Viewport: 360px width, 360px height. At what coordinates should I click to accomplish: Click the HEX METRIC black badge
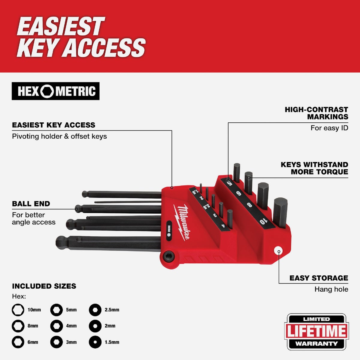(x=55, y=91)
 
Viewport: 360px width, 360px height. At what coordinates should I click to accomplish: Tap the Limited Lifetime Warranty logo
(x=316, y=331)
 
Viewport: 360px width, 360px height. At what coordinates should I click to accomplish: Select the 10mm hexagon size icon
(x=18, y=310)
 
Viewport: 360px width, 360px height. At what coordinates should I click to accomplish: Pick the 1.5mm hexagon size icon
(x=95, y=342)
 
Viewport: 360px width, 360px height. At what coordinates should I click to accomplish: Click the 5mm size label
(x=71, y=310)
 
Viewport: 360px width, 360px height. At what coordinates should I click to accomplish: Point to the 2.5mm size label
(x=112, y=310)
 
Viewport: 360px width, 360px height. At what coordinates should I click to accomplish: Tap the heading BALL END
(x=31, y=204)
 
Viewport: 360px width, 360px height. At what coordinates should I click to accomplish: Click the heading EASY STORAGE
(x=319, y=278)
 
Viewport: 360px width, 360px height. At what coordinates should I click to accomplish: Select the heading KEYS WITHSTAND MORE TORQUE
(x=314, y=168)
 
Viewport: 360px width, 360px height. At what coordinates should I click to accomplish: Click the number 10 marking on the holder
(x=263, y=221)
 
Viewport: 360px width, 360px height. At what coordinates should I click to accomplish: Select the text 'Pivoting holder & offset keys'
(x=59, y=136)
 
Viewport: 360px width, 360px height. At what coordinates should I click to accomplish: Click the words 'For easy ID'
(x=329, y=128)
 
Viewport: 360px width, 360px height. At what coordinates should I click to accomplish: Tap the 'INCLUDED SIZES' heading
(x=44, y=286)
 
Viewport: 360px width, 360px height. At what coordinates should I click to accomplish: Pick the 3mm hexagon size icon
(x=56, y=342)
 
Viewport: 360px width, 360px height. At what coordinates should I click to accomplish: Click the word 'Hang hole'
(x=331, y=289)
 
